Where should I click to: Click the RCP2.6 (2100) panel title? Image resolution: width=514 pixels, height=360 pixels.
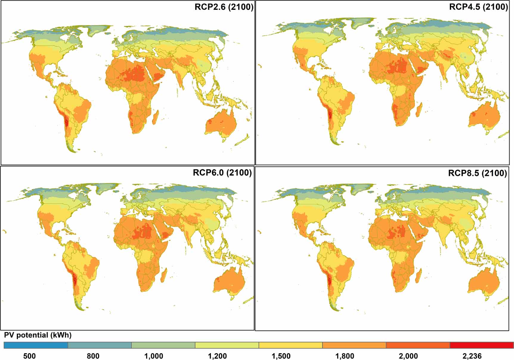point(224,7)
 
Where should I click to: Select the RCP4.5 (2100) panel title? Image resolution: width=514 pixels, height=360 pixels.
point(478,7)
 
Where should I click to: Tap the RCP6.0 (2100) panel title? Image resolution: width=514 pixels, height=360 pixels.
point(222,173)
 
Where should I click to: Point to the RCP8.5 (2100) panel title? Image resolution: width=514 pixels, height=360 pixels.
point(477,173)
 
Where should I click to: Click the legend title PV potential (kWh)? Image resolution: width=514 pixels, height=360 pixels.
point(38,335)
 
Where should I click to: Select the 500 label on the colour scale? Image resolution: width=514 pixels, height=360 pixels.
point(29,356)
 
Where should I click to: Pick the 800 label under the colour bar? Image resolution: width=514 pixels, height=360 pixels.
point(93,356)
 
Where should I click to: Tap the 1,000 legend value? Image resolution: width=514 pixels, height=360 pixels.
point(154,356)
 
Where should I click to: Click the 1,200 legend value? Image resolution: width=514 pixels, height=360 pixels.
point(217,356)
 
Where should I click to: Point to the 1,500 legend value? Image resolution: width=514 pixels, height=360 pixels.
point(281,356)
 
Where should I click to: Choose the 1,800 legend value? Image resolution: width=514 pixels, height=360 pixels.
point(345,356)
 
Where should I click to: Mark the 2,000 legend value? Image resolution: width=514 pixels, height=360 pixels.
point(408,356)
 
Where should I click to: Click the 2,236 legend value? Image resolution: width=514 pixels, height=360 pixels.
point(472,356)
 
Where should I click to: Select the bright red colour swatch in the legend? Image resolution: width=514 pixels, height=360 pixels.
point(482,345)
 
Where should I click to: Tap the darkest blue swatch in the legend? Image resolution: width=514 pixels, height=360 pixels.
point(36,345)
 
